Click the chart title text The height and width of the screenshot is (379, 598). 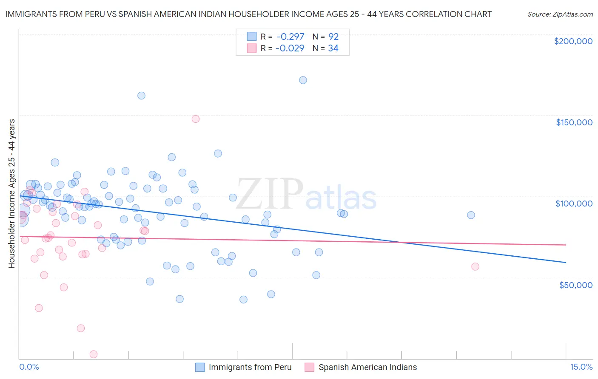pos(248,14)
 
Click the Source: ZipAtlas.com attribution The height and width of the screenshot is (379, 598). pos(560,14)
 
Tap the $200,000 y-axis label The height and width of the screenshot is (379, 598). pos(573,41)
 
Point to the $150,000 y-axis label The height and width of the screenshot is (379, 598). pos(574,122)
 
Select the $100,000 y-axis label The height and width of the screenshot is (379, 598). pos(574,204)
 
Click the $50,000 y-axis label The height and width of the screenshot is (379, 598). pos(575,285)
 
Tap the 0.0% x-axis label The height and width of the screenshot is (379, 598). pos(29,367)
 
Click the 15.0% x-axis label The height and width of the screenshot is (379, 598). pos(581,367)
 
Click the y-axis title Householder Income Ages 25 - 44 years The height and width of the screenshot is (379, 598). pos(12,194)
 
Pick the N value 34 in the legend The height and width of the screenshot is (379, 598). pos(333,48)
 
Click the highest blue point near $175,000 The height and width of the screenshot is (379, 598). pos(303,80)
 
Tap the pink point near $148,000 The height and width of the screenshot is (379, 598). pos(196,119)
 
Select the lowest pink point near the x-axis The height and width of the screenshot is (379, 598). pos(94,354)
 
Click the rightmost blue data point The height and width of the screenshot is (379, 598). pos(471,215)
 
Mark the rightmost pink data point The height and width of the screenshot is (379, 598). pos(475,266)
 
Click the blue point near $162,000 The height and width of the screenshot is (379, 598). pos(141,96)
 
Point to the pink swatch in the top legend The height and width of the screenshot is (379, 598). pos(252,48)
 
